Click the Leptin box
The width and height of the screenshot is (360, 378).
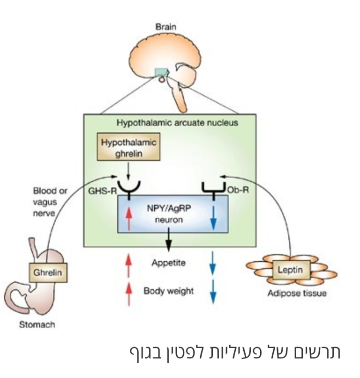coord(289,270)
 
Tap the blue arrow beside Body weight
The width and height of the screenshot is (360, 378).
coord(214,292)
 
